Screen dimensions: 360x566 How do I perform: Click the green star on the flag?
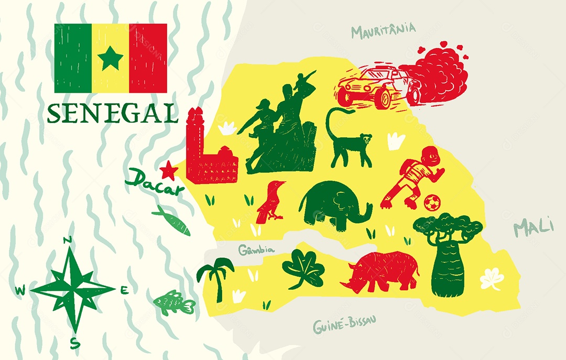[111, 58]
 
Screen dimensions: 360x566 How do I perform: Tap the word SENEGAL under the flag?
[112, 113]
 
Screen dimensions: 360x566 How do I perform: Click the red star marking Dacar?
[169, 170]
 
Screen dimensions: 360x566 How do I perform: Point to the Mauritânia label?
[383, 30]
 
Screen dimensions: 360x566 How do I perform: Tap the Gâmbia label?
[256, 250]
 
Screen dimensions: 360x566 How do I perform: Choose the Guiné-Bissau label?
[344, 325]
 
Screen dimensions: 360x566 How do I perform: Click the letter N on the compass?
[67, 241]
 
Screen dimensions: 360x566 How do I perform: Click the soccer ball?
[431, 203]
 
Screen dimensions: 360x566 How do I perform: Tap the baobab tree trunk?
[447, 270]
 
